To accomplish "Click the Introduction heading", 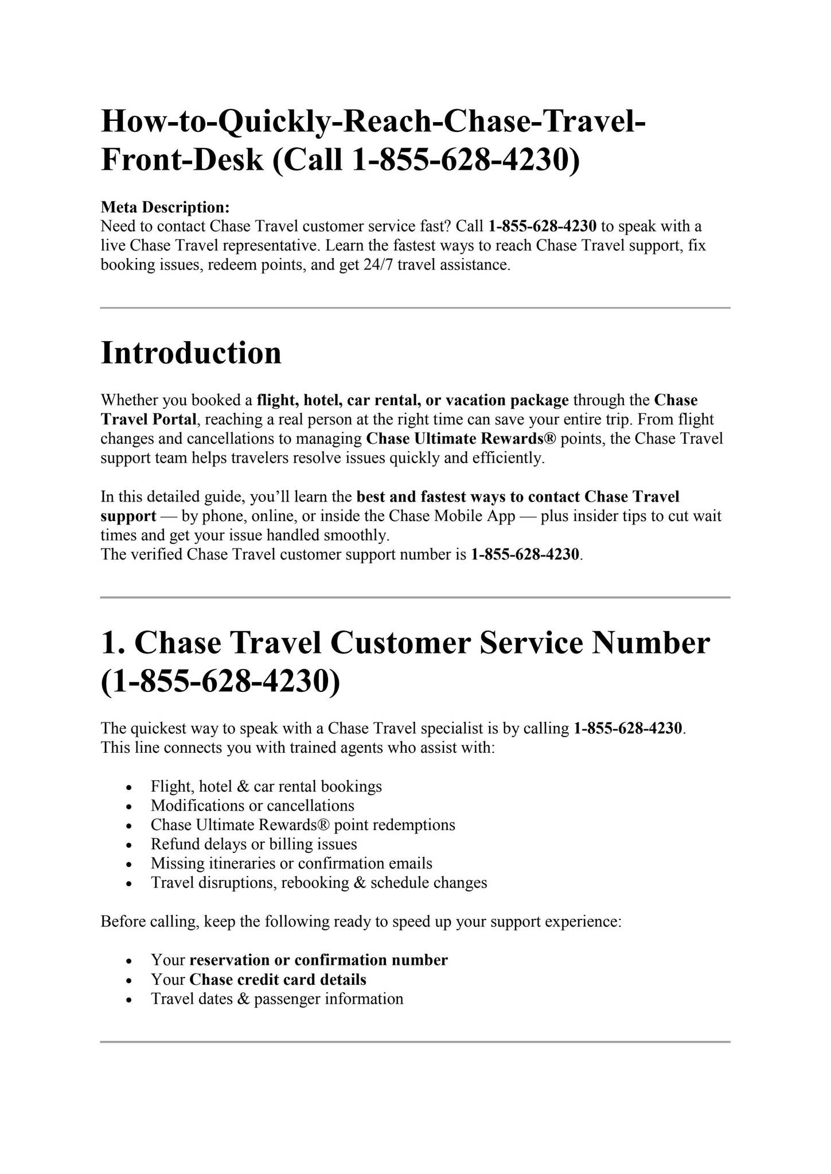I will point(191,353).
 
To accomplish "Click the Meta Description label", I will point(165,206).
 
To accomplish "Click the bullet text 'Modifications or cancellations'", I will point(252,805).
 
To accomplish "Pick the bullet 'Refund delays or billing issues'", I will point(253,844).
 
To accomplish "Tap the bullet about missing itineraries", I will point(291,863).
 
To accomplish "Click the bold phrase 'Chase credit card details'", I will point(278,979).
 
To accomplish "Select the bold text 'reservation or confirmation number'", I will point(318,960).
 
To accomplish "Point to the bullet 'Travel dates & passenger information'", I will point(277,999).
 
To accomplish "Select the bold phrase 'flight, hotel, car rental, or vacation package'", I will point(413,400).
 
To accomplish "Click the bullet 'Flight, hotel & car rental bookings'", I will point(266,786).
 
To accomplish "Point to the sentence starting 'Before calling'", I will point(361,922).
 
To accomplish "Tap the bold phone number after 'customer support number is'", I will point(525,554).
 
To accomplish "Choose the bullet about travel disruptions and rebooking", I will point(319,882).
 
